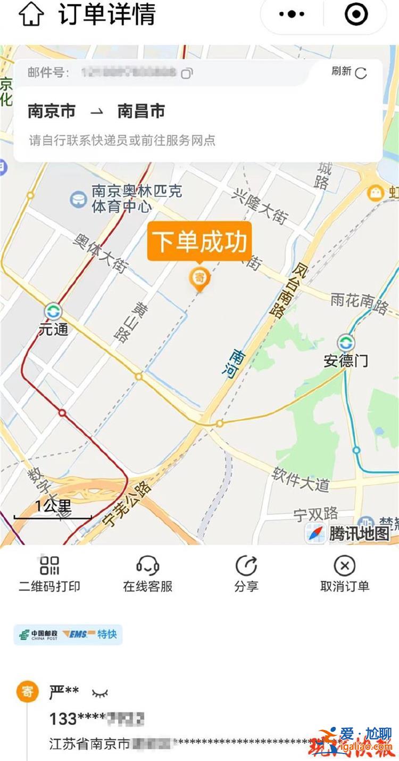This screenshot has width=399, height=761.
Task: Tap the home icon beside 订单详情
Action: [31, 14]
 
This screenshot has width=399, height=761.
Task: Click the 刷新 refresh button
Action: [350, 72]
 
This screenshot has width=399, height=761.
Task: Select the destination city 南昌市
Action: [141, 111]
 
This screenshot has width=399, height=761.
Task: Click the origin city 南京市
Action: [52, 111]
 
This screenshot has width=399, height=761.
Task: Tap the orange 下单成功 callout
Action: [199, 242]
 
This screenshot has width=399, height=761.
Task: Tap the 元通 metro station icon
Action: [53, 311]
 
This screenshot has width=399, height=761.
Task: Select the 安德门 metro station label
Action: [346, 361]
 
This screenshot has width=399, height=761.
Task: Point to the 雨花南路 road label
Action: [360, 303]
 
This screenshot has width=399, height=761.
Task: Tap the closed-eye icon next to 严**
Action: [100, 693]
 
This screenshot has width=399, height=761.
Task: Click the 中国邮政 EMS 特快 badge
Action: [68, 635]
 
